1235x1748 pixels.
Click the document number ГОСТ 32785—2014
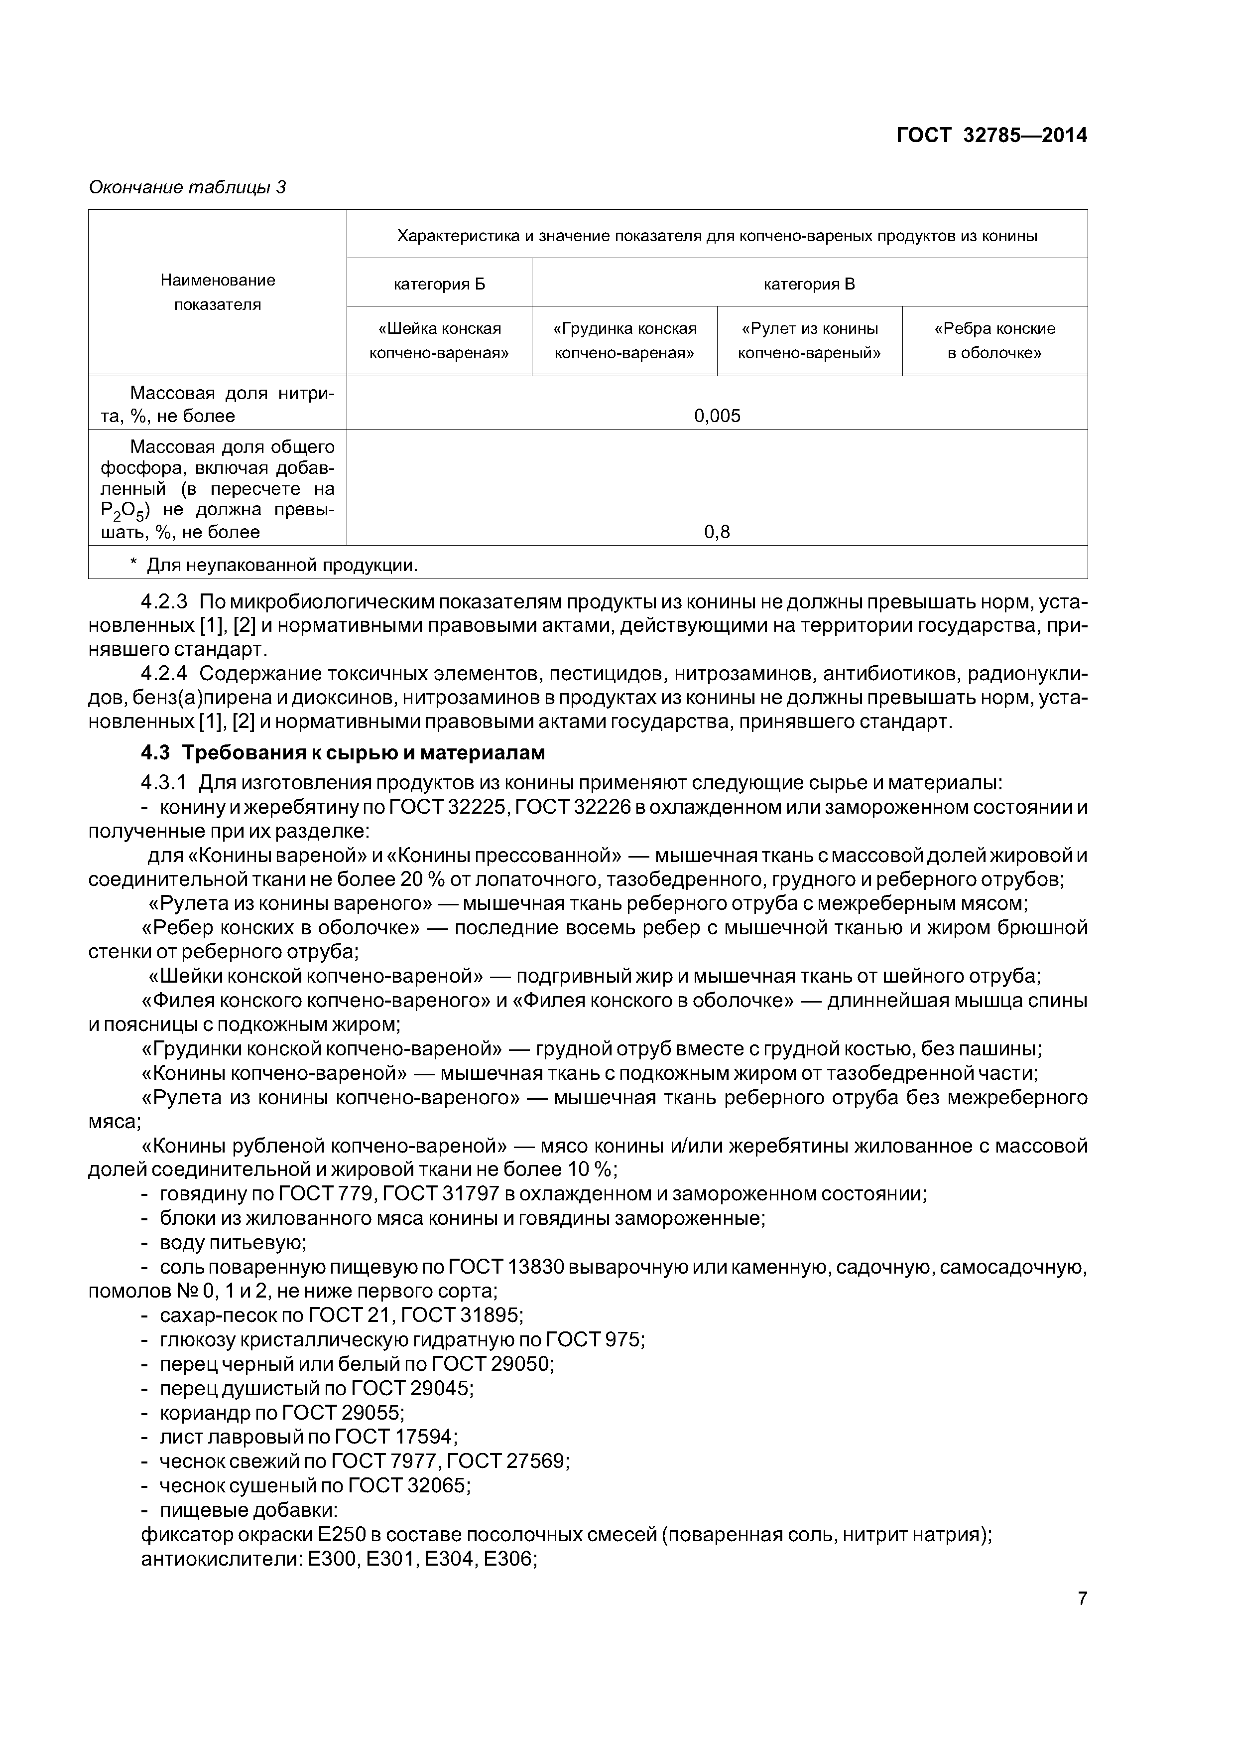click(991, 136)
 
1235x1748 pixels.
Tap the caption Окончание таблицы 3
click(187, 187)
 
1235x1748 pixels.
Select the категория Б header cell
click(439, 285)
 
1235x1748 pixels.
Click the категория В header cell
click(809, 285)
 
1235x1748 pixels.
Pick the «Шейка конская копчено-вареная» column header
click(439, 340)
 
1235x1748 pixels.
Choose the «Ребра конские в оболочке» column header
click(994, 340)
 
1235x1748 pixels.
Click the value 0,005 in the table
click(717, 416)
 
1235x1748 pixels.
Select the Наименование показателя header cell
click(218, 292)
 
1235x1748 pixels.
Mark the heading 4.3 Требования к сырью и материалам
click(343, 753)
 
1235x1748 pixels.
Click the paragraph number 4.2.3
click(164, 602)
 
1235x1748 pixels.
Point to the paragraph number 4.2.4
click(164, 675)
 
